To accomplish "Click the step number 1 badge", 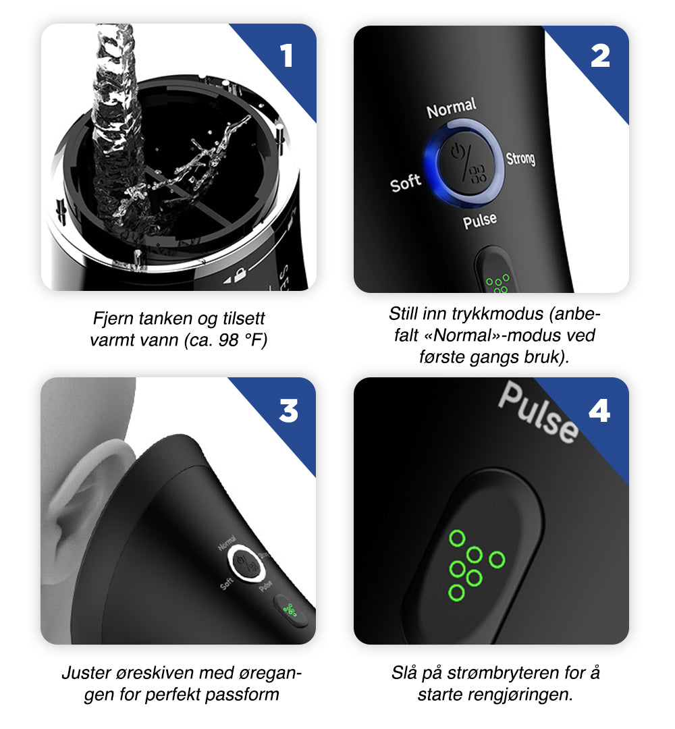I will click(x=288, y=56).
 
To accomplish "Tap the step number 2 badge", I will click(x=600, y=56).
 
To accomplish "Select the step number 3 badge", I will click(x=288, y=410).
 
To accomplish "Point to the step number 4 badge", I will click(x=599, y=410).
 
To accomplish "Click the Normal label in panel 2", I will click(x=452, y=108).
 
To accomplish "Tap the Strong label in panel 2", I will click(x=520, y=158).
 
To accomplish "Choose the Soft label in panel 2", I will click(x=406, y=182).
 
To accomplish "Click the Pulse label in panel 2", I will click(x=480, y=220).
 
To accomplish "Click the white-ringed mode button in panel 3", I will click(x=244, y=562).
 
